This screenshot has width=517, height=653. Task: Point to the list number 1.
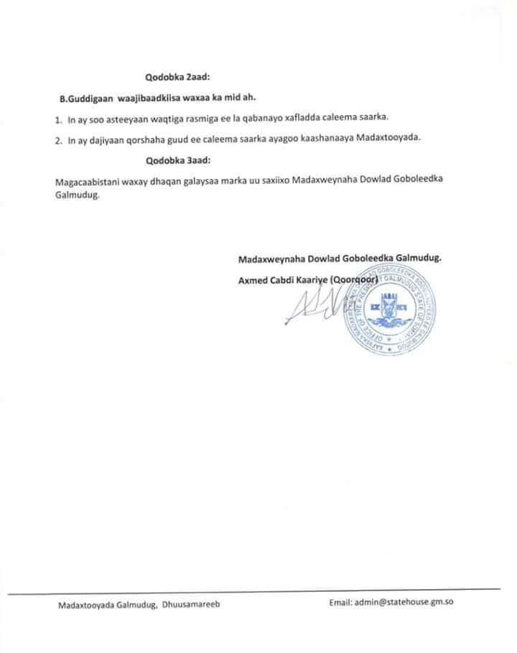[x=58, y=119]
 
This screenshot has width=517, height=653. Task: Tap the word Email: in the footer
[x=341, y=603]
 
